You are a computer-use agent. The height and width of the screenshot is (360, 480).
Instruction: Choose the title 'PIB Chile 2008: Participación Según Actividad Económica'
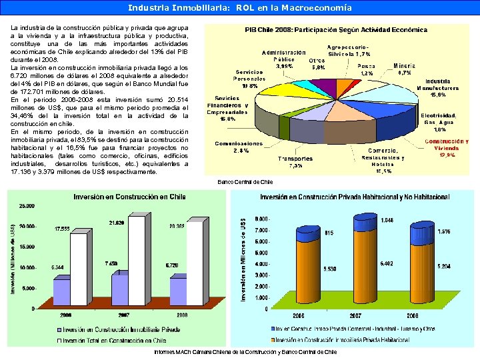tap(336, 30)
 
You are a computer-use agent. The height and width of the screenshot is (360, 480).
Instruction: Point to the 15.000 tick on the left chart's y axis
tap(27, 247)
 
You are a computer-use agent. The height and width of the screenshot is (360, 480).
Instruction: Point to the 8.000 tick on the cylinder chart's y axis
tap(263, 219)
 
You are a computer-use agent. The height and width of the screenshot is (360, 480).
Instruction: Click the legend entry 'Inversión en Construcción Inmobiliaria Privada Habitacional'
tap(353, 340)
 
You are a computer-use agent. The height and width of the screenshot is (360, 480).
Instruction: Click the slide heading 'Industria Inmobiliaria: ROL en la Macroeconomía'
tap(240, 8)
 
